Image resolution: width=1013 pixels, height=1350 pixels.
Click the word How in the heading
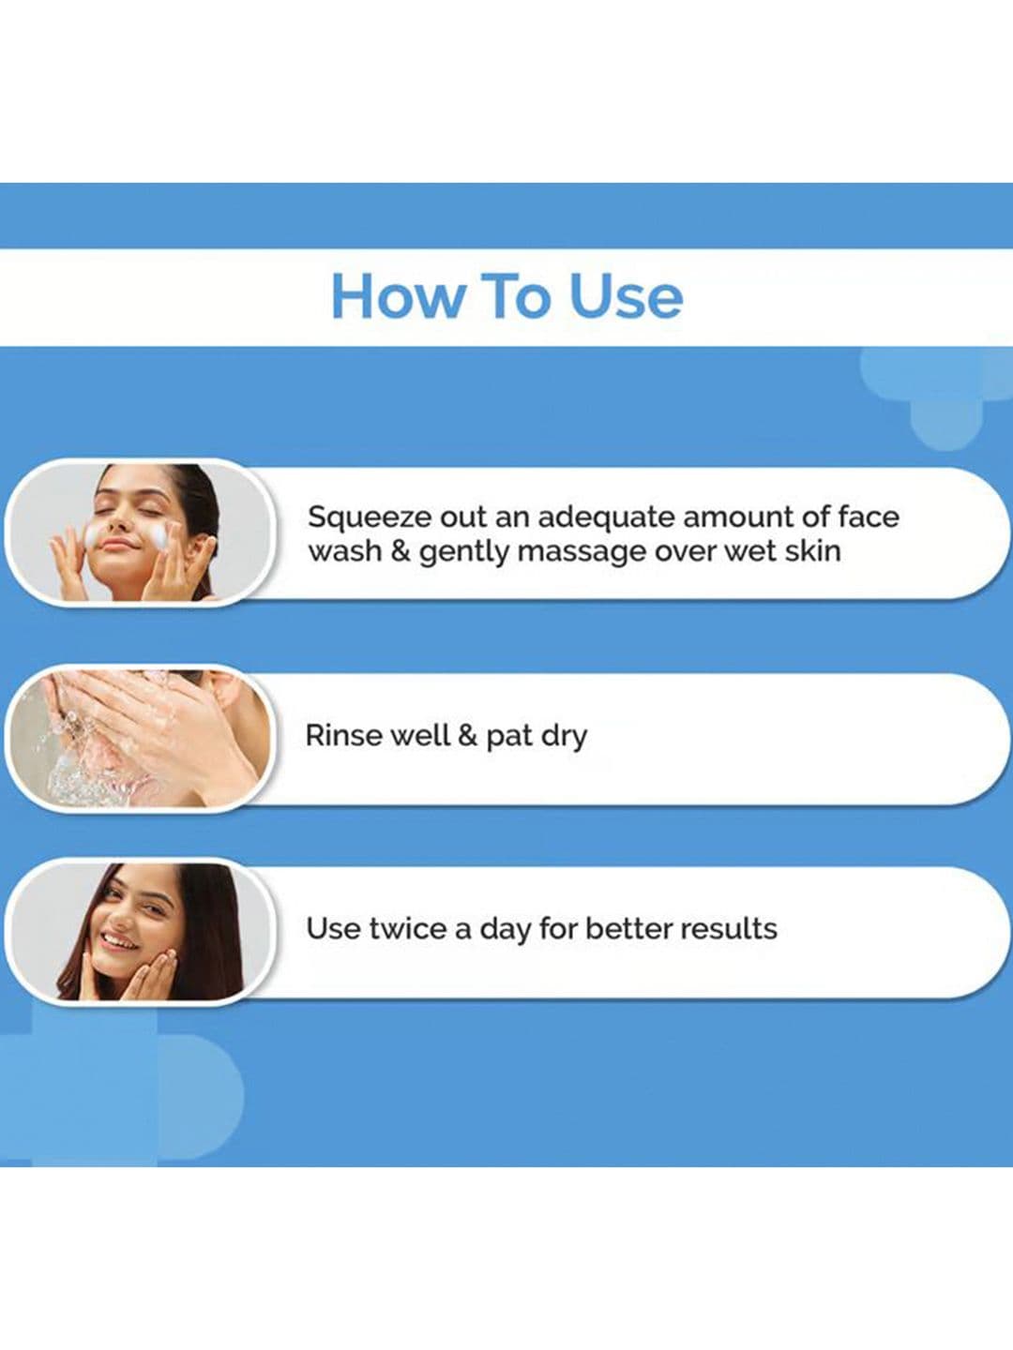click(x=398, y=296)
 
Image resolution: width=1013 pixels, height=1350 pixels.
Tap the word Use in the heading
click(x=626, y=296)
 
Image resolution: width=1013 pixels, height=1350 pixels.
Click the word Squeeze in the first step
click(x=369, y=518)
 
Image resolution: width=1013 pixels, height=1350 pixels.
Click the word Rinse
click(x=343, y=736)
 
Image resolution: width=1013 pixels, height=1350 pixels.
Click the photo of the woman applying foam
click(x=141, y=532)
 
